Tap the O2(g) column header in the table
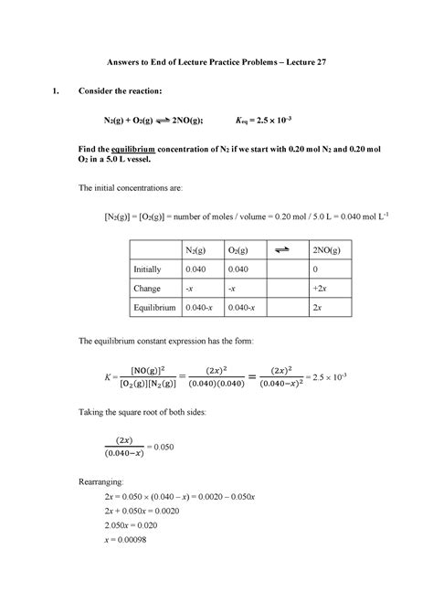[240, 250]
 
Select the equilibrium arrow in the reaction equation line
[171, 120]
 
